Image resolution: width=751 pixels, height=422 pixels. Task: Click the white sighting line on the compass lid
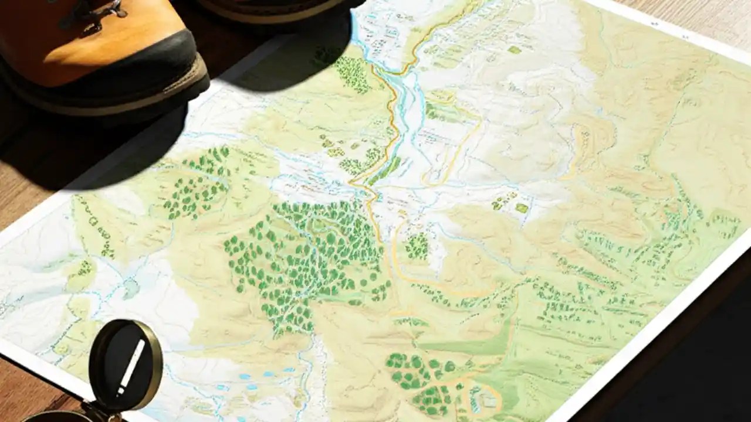[131, 367]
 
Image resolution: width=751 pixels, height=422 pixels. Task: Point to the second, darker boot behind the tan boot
[276, 9]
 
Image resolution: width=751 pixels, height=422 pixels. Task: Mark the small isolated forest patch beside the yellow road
[417, 246]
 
